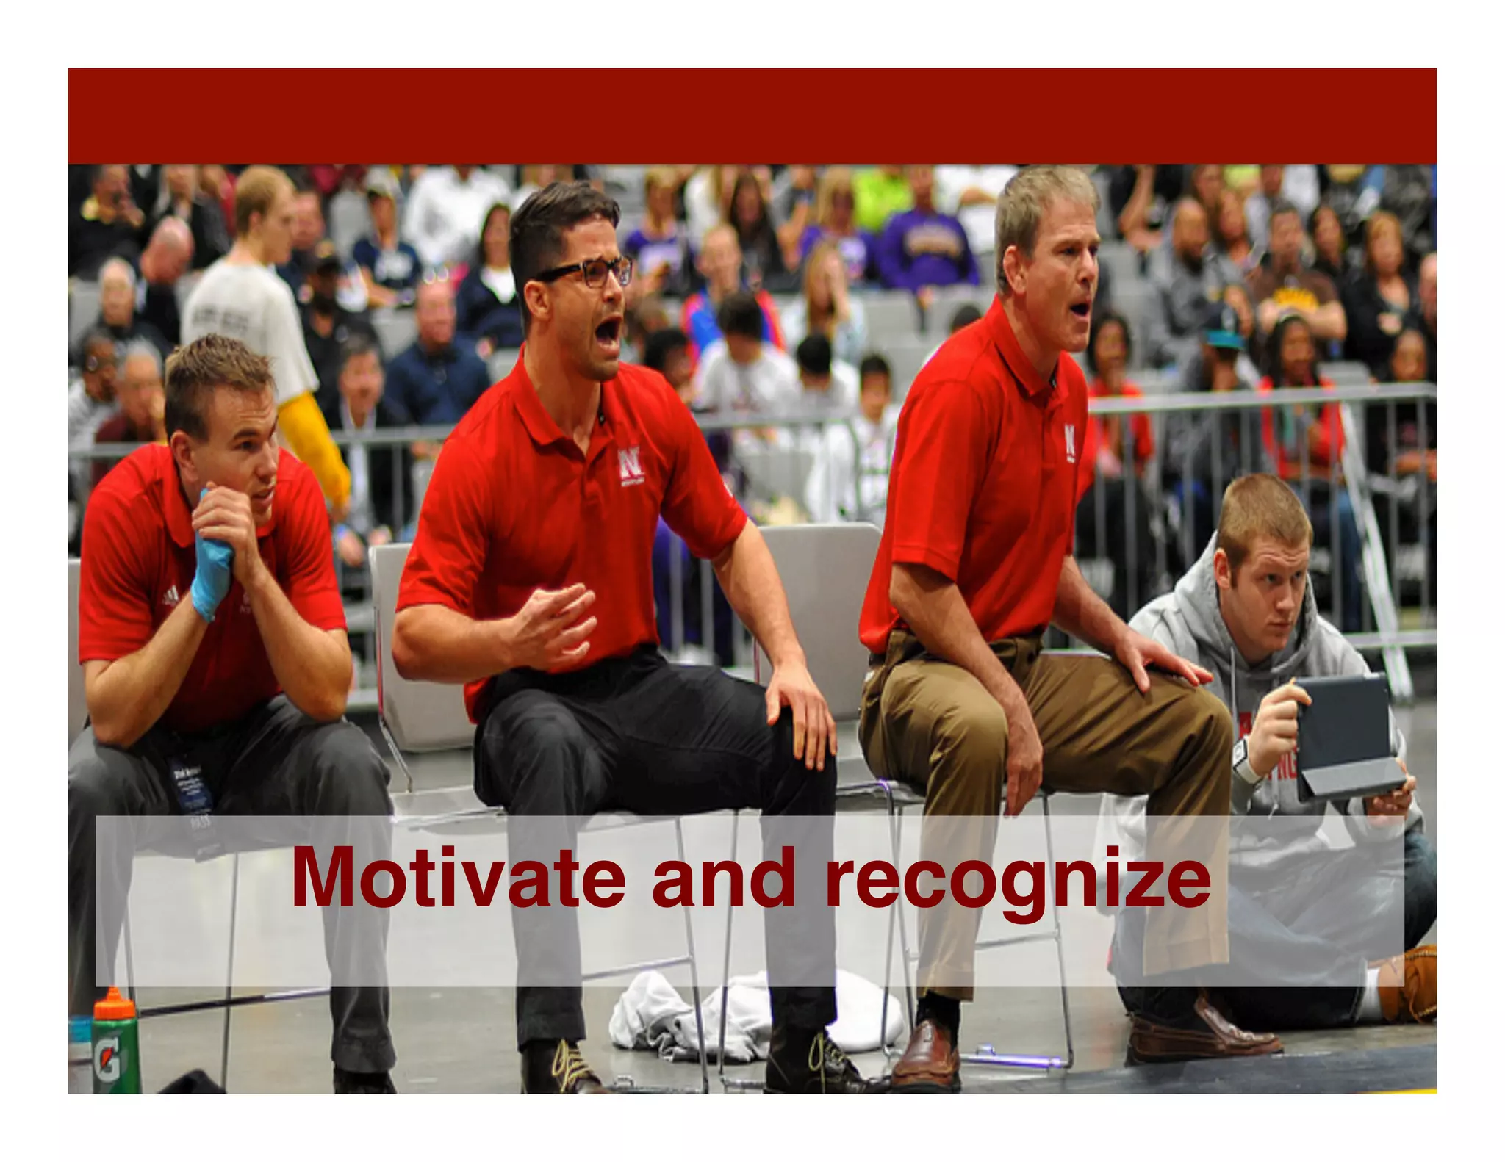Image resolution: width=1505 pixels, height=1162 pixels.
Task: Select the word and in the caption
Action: point(723,879)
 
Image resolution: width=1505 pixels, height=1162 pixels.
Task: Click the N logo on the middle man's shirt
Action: point(629,463)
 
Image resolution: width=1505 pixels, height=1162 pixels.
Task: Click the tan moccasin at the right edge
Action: point(1408,984)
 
